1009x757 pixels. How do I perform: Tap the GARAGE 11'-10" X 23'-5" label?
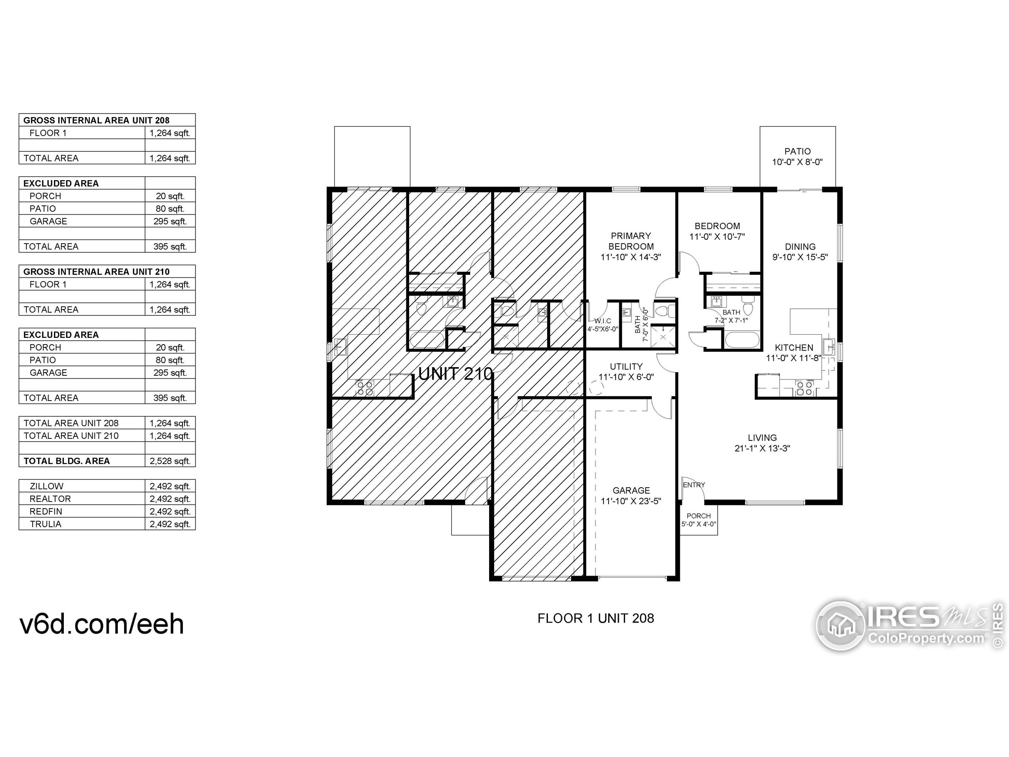point(631,496)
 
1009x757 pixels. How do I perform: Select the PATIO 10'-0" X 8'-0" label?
point(797,157)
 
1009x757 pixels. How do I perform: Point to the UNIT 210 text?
point(455,374)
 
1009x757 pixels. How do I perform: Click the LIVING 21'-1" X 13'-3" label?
point(762,443)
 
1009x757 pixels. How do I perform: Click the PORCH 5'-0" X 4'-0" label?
point(699,520)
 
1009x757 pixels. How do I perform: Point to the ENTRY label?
point(694,485)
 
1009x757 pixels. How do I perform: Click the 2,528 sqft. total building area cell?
point(170,461)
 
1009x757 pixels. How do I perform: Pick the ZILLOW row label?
point(47,486)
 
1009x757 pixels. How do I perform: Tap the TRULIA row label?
point(46,524)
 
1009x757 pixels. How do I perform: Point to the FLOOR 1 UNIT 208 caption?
point(596,618)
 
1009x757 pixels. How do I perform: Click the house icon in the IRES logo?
point(841,626)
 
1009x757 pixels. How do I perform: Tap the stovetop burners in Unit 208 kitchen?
point(804,388)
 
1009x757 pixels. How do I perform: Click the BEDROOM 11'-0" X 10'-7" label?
point(717,231)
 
